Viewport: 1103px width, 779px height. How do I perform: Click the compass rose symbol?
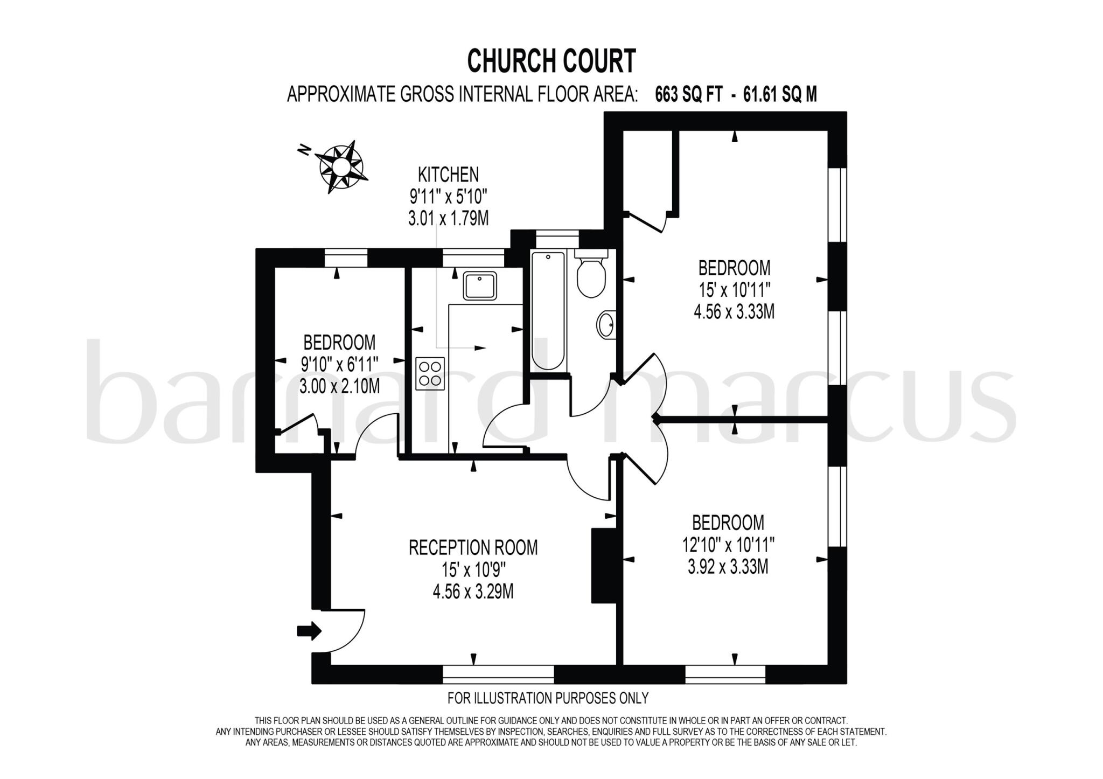[340, 166]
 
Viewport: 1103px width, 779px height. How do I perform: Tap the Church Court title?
[551, 61]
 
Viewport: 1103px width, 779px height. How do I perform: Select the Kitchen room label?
[448, 175]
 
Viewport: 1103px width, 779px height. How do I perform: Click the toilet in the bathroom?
[591, 275]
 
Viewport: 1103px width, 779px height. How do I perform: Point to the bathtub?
[548, 311]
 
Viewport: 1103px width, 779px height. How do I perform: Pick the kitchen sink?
[480, 286]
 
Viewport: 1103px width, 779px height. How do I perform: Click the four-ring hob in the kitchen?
[430, 373]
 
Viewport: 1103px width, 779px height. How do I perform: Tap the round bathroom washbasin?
[606, 325]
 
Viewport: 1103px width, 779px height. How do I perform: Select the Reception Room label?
[473, 548]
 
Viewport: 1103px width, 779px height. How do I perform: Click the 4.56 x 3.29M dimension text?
[473, 592]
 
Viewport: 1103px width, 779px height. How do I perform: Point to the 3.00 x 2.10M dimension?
[339, 386]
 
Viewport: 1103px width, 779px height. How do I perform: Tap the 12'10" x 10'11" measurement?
[728, 545]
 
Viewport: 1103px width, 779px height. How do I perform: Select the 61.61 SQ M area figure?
[780, 95]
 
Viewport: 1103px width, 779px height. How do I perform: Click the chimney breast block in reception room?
[603, 565]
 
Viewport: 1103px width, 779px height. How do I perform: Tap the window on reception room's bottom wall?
[498, 674]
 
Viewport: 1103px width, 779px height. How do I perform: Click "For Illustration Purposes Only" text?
[548, 698]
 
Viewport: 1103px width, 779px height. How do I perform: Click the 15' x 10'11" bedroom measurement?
[735, 290]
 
